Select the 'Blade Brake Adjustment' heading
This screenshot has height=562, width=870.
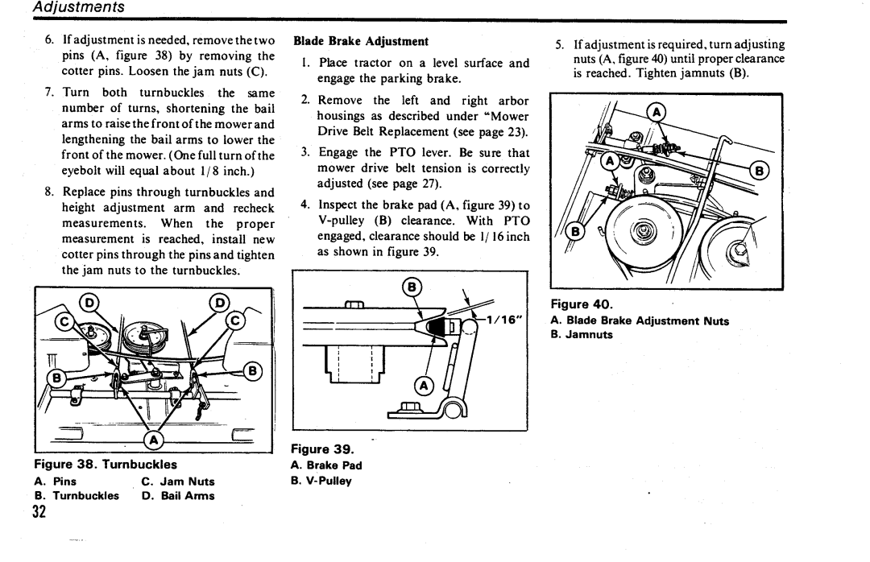pyautogui.click(x=360, y=40)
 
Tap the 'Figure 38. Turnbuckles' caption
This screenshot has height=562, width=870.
pyautogui.click(x=105, y=465)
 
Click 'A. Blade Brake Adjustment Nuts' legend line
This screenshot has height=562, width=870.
pyautogui.click(x=640, y=320)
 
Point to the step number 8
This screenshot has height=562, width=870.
pyautogui.click(x=49, y=193)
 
